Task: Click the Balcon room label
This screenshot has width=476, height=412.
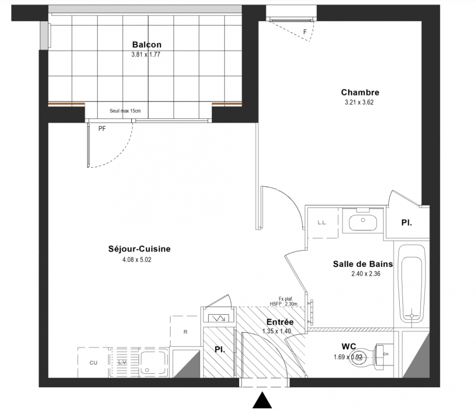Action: (147, 45)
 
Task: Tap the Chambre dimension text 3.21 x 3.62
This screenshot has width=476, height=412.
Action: (359, 102)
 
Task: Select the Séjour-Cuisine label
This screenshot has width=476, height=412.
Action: (139, 249)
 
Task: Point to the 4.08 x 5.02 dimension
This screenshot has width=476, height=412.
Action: (137, 260)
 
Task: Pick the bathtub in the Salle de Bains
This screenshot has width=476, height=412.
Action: (412, 284)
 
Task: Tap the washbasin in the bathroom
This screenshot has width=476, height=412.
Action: (363, 222)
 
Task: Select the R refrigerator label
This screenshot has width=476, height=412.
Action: (185, 332)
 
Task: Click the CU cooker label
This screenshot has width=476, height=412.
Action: (94, 363)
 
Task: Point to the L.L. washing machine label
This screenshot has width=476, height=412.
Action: (322, 222)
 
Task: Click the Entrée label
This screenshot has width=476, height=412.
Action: (280, 321)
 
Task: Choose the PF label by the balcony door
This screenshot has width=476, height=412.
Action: (102, 129)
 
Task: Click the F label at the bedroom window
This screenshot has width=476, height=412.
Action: (305, 32)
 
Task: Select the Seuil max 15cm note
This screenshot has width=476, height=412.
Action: (125, 111)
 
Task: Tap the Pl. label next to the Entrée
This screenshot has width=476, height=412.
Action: (220, 350)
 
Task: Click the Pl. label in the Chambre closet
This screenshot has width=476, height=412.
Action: (406, 222)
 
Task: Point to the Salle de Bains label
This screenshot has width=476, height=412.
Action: (363, 264)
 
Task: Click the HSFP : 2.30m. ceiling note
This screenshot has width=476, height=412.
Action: (284, 304)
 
